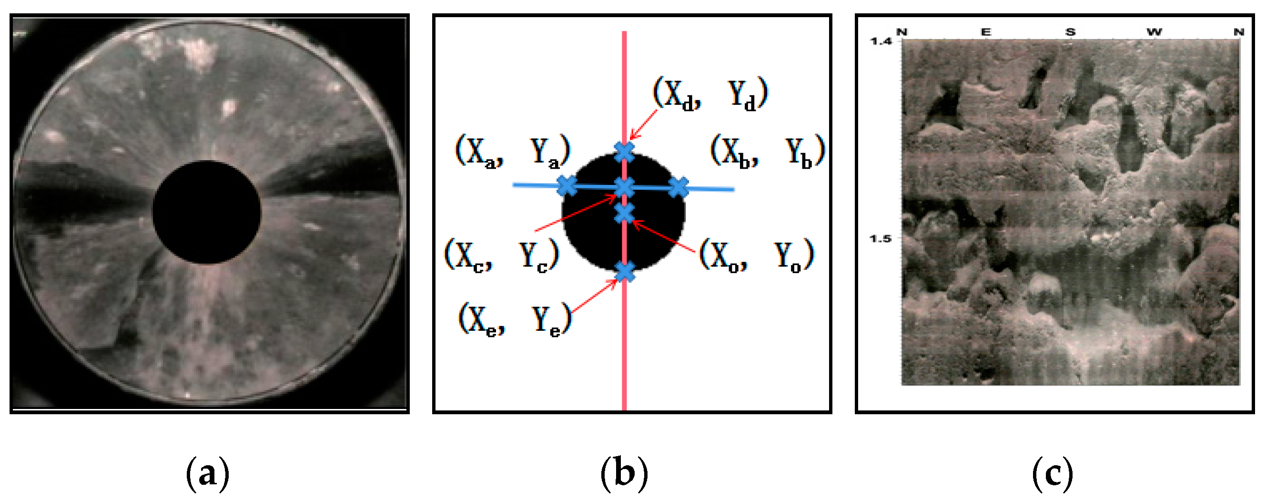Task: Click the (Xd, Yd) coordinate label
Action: coord(709,93)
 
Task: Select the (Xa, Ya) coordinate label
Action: coord(512,151)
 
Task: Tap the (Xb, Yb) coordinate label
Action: coord(767,151)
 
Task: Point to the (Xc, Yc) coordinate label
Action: coord(501,255)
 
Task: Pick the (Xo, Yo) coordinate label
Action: coord(756,255)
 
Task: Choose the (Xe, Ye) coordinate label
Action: coord(515,319)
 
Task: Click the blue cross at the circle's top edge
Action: coord(624,152)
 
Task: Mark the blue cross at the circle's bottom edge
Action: coord(625,271)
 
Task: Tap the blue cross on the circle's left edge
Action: coord(567,186)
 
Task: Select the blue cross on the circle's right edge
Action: coord(679,187)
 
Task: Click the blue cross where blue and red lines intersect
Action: coord(625,187)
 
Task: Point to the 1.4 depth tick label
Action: coord(880,41)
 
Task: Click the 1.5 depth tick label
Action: coord(880,239)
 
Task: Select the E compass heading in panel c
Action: coord(986,32)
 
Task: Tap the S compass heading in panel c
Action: coord(1070,32)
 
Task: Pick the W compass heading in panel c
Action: coord(1154,32)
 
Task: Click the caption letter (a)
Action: coord(207,474)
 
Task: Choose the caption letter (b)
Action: coord(624,474)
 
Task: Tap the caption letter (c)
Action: coord(1052,474)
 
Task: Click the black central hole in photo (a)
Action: coord(206,213)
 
